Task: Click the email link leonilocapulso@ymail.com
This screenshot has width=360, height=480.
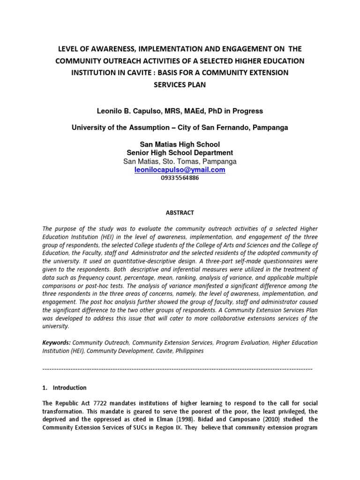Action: (x=180, y=170)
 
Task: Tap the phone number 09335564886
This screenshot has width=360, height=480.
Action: (x=180, y=178)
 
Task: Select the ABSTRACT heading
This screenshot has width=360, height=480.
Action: (x=180, y=212)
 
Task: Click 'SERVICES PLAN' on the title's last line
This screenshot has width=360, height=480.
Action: (x=180, y=85)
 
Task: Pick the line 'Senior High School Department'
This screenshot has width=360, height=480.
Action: (x=180, y=153)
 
